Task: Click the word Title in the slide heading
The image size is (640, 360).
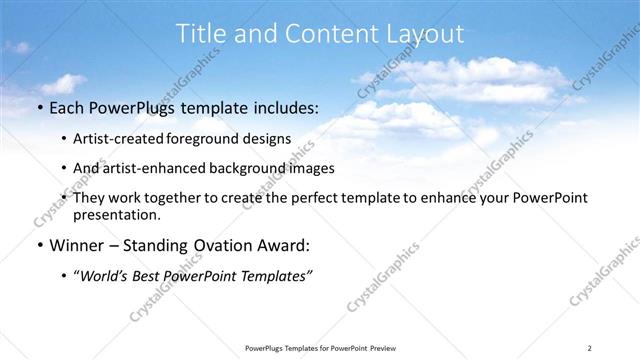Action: click(201, 34)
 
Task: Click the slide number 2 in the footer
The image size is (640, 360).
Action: click(590, 348)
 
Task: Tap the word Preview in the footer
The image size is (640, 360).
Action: click(377, 348)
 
